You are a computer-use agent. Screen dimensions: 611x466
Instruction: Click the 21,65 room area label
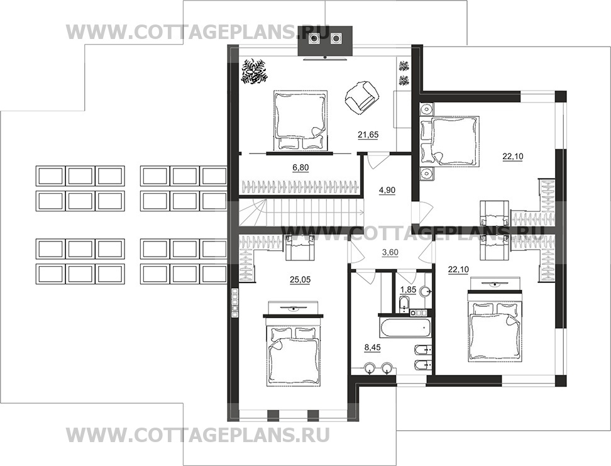click(x=368, y=135)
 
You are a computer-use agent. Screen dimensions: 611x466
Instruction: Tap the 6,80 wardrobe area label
click(x=300, y=168)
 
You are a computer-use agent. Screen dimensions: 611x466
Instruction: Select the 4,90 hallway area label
click(x=387, y=191)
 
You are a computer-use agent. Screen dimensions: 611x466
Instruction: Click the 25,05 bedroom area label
click(x=300, y=280)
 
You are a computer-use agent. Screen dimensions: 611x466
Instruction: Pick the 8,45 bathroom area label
click(x=372, y=347)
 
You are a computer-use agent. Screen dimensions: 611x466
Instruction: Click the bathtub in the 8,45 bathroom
click(x=404, y=328)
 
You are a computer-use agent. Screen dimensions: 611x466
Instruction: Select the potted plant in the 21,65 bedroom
click(x=254, y=71)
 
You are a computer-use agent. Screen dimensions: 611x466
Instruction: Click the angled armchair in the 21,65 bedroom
click(x=362, y=96)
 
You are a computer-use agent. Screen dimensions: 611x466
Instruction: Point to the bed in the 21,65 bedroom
click(x=300, y=120)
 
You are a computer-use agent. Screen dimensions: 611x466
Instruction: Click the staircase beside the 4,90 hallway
click(x=301, y=212)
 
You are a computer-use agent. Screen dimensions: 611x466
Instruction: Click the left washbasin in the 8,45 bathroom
click(x=369, y=367)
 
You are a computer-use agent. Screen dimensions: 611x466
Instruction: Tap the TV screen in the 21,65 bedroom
click(x=324, y=58)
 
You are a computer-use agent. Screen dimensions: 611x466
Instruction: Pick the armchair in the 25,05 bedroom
click(x=300, y=248)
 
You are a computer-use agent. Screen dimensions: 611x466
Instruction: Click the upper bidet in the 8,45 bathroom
click(x=422, y=350)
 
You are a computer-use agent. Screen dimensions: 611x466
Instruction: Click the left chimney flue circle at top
click(x=314, y=38)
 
